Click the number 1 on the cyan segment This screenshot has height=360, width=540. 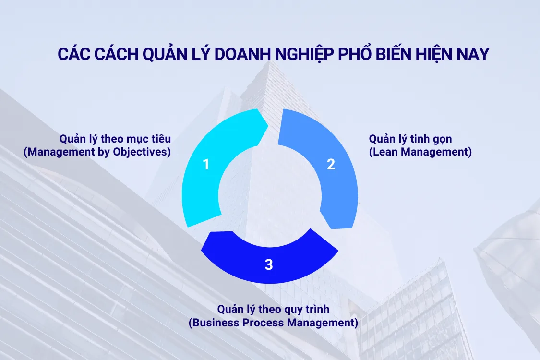tap(206, 165)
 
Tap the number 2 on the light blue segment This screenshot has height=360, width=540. tap(331, 165)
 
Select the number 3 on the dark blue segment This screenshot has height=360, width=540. tap(269, 264)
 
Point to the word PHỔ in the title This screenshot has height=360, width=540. tap(354, 54)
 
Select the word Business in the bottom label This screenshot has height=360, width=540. tap(213, 323)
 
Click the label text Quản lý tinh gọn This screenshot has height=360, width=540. tap(410, 139)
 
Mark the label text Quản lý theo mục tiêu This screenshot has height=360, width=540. tap(115, 139)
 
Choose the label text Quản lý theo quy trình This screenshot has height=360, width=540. tap(273, 309)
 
